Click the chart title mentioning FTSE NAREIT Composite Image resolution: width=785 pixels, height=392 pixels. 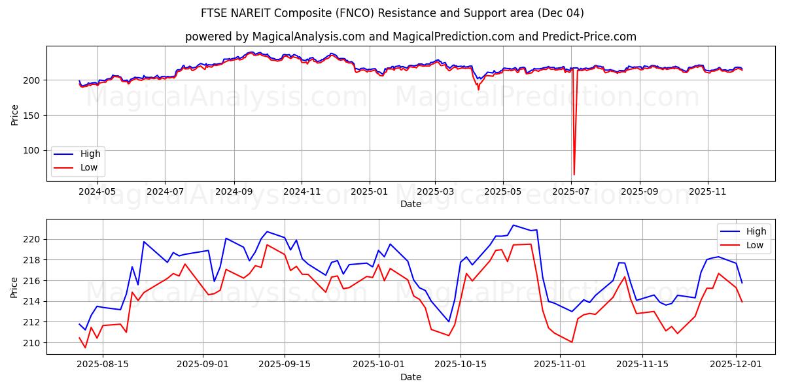[x=392, y=13]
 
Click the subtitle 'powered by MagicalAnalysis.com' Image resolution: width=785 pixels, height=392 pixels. [x=410, y=37]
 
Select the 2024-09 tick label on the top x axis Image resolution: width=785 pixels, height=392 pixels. [x=234, y=192]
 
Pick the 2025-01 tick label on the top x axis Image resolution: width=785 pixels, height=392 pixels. [x=370, y=192]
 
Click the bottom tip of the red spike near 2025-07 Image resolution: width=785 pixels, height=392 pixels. [x=574, y=174]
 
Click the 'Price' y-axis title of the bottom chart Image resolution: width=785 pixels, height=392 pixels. [x=14, y=287]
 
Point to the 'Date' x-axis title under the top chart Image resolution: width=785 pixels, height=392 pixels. [x=410, y=204]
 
